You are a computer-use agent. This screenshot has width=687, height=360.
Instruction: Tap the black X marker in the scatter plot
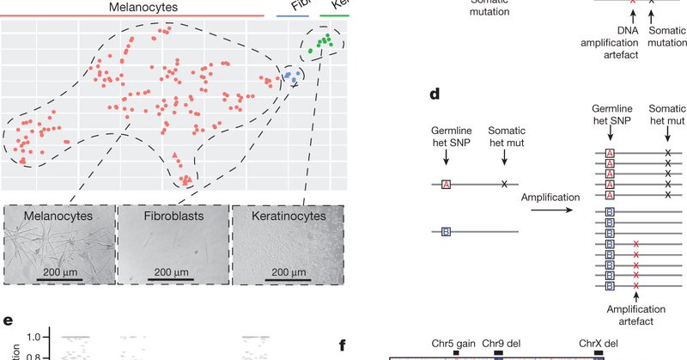point(294,84)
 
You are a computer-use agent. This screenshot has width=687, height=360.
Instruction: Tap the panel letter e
point(8,322)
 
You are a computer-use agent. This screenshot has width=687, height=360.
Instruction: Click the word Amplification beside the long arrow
point(554,197)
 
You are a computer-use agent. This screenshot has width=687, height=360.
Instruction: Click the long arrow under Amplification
point(554,210)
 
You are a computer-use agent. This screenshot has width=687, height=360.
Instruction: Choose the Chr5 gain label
point(454,343)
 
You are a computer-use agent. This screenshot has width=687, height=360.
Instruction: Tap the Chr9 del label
point(500,343)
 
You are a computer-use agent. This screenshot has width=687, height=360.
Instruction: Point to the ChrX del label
point(598,343)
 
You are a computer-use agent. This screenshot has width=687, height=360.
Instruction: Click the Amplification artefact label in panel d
point(635,314)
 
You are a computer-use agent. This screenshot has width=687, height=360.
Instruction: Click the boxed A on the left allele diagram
point(446,184)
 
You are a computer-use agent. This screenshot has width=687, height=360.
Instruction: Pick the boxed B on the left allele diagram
point(446,231)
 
